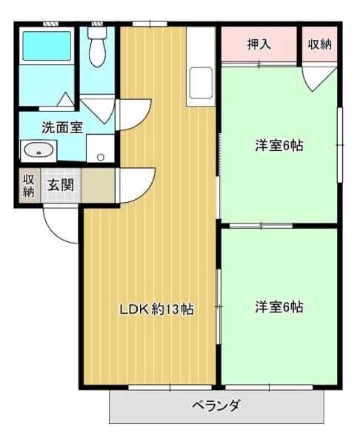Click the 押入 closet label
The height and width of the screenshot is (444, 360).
[x=259, y=44]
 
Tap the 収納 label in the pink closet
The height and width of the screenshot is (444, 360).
[x=320, y=44]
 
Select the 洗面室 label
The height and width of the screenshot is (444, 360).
[x=62, y=128]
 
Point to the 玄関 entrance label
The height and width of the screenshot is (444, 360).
[x=61, y=186]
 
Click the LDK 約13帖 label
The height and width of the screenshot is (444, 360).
[x=157, y=309]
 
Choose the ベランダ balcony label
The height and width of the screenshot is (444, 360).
[x=216, y=406]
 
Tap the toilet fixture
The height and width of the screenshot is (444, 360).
[x=97, y=46]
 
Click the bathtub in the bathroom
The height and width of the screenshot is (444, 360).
[x=47, y=46]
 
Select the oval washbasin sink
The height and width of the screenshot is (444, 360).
[x=39, y=150]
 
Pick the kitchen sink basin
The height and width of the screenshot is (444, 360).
[x=201, y=83]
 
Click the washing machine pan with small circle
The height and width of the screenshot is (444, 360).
[x=100, y=149]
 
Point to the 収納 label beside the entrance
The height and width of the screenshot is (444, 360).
[x=28, y=186]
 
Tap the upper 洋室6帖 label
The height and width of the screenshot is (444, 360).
[x=279, y=146]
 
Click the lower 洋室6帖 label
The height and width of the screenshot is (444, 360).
[x=279, y=307]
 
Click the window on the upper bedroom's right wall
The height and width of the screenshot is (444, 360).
[x=340, y=145]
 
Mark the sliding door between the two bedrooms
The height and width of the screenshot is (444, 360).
[x=261, y=226]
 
